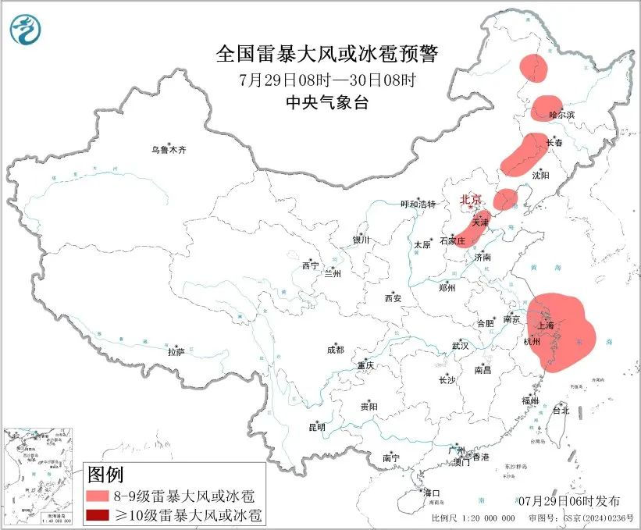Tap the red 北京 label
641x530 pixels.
[472, 200]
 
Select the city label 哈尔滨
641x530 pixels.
[561, 115]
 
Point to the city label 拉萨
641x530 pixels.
[176, 352]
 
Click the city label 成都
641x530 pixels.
[335, 350]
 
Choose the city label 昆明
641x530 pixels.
[316, 427]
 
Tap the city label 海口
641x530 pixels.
[432, 493]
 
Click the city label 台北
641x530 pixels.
[561, 410]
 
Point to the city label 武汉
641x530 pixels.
[460, 346]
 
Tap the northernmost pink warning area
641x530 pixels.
[535, 68]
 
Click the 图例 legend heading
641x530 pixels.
[105, 474]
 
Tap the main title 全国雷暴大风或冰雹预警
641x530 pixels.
[327, 55]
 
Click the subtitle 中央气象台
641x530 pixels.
[327, 103]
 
